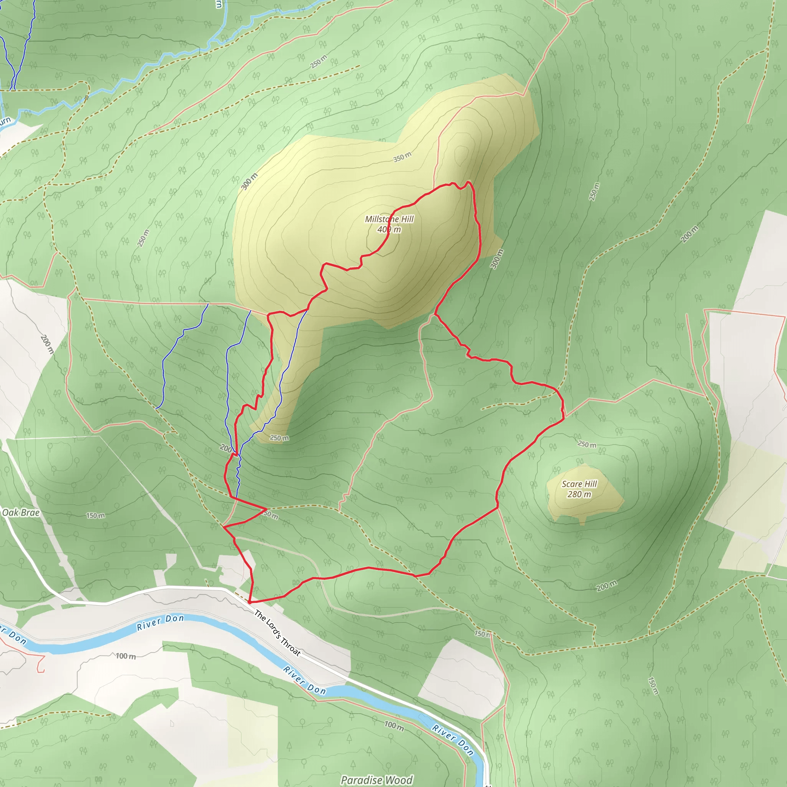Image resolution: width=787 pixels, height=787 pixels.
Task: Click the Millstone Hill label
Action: [389, 219]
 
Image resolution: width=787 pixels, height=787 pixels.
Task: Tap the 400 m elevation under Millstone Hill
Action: [389, 230]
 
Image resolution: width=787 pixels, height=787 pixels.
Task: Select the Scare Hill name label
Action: [579, 484]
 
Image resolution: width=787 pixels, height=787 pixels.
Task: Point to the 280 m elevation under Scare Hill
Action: [579, 495]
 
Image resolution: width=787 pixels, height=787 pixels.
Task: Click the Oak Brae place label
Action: [21, 513]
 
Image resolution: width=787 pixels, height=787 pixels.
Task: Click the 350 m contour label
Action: [402, 157]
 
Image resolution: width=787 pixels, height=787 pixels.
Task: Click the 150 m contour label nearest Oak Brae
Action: [95, 516]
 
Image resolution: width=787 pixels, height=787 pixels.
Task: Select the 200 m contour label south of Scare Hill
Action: [606, 586]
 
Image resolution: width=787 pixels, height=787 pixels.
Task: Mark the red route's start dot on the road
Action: [249, 601]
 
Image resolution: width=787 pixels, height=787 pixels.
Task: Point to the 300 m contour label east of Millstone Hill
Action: [496, 259]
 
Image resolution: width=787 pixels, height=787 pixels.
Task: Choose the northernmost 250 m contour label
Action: [319, 61]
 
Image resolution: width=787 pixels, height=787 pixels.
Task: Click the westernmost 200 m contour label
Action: [47, 344]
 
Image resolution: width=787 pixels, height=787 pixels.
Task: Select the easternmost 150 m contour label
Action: [652, 686]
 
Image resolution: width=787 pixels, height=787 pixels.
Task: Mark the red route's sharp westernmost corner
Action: [224, 527]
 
